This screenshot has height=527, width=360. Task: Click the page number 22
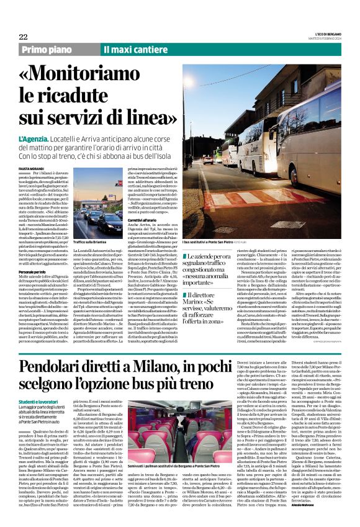coord(23,37)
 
